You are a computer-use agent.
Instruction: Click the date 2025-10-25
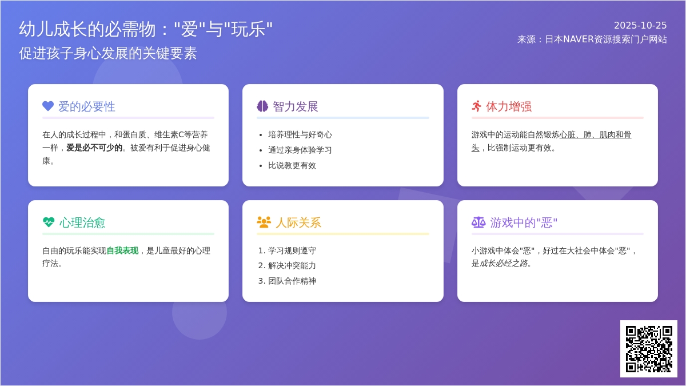(640, 25)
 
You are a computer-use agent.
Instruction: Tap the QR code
(648, 348)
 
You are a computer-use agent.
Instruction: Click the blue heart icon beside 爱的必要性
(48, 106)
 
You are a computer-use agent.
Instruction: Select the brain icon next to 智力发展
(262, 106)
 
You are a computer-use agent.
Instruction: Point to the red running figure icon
(477, 106)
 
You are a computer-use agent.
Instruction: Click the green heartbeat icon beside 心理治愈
(49, 222)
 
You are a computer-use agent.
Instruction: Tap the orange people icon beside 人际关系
(264, 222)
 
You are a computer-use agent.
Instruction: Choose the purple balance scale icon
(478, 222)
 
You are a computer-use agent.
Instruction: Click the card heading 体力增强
(509, 106)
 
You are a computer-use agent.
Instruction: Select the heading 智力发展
(295, 106)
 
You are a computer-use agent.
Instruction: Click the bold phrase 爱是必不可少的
(94, 148)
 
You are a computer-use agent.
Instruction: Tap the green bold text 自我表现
(122, 250)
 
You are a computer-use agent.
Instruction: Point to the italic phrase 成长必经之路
(503, 263)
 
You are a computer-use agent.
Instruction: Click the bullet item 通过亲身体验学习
(300, 150)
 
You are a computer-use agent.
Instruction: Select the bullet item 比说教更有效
(292, 165)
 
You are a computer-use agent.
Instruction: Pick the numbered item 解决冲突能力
(292, 265)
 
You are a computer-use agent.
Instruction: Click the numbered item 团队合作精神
(292, 281)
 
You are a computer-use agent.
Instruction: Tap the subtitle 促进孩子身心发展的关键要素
(108, 53)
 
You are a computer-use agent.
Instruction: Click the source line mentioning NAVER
(592, 39)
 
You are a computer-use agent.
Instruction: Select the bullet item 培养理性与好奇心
(300, 134)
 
